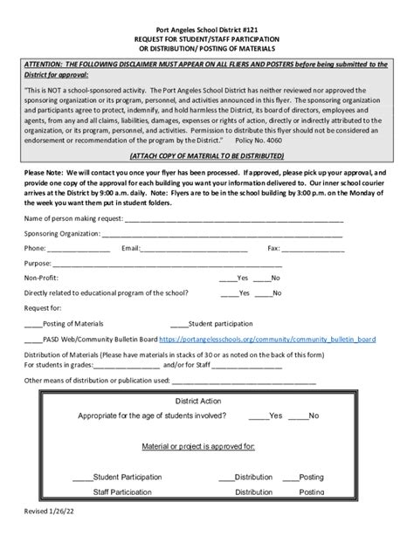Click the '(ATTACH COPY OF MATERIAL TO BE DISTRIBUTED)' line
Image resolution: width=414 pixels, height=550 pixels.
click(x=206, y=156)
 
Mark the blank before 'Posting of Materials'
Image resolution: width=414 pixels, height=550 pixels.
click(x=31, y=322)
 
